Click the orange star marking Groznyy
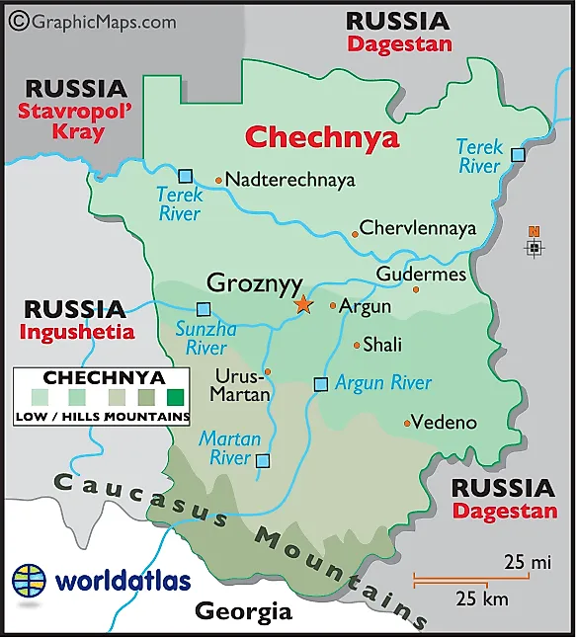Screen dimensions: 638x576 (x=302, y=304)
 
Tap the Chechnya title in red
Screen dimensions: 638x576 (x=322, y=136)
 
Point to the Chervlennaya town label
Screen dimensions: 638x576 (x=417, y=228)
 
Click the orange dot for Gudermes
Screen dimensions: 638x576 (x=416, y=289)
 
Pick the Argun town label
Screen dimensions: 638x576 (x=365, y=307)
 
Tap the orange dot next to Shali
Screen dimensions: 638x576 (x=357, y=345)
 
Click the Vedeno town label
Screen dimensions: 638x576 (x=444, y=423)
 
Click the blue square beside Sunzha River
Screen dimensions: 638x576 (x=204, y=308)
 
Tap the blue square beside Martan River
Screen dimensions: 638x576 (x=262, y=460)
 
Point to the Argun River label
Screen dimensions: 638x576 (x=383, y=383)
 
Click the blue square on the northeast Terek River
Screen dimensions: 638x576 (x=518, y=154)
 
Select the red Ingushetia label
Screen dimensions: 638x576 (x=76, y=333)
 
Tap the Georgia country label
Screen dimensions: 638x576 (x=243, y=611)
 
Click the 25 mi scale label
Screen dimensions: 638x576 (x=527, y=563)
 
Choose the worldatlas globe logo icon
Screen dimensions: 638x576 (x=30, y=580)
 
